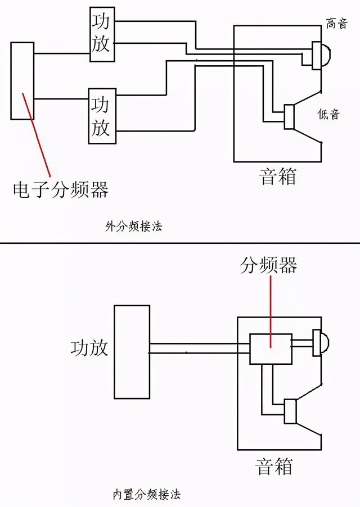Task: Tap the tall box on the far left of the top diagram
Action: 22,81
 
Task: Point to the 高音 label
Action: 336,24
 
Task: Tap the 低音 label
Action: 328,114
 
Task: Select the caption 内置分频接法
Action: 146,495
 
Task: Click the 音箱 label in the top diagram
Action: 277,176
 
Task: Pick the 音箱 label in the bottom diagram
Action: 274,466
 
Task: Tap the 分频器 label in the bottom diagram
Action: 269,265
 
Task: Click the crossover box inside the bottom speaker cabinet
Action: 271,349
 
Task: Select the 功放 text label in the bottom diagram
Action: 89,347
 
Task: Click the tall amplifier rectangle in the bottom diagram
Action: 132,351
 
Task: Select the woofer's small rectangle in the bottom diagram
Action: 290,410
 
